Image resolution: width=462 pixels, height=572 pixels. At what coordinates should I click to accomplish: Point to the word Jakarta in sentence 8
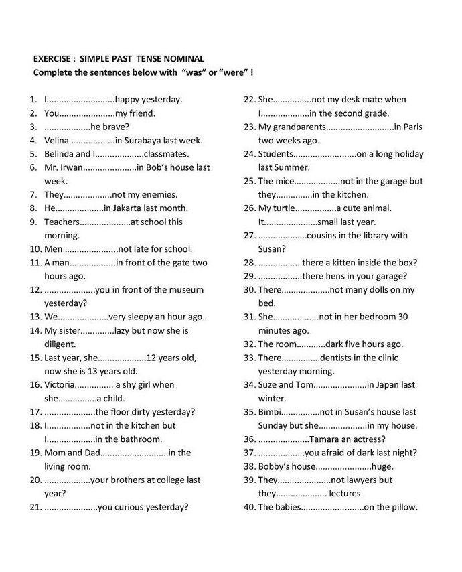coord(133,208)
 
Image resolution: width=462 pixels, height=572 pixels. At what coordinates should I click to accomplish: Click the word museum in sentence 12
coord(185,289)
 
